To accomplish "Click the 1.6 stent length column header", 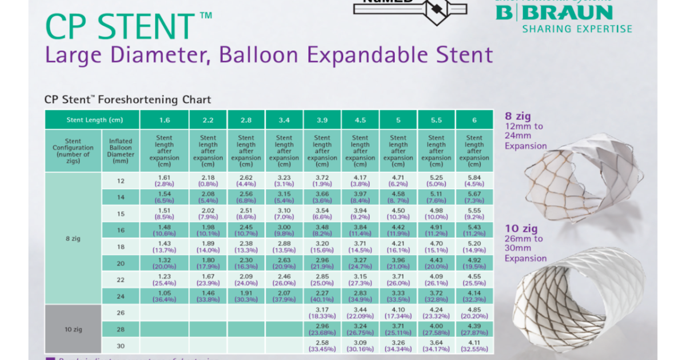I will (164, 120).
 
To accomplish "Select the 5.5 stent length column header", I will (436, 120).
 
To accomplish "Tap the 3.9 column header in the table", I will (322, 120).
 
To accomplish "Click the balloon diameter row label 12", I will (121, 181).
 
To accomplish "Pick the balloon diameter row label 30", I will (121, 346).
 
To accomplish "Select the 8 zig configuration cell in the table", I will (73, 238).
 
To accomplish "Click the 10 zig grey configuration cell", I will (73, 329).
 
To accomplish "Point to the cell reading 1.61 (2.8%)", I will (164, 181).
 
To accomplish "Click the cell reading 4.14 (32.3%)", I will (474, 296).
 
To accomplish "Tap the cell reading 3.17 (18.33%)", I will (322, 313).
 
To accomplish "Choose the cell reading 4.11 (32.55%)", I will (474, 346).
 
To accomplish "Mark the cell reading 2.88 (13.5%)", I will (284, 246).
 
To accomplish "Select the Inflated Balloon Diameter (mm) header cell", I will (121, 151).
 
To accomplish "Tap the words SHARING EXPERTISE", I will (577, 29).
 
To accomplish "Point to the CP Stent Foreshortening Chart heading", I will (127, 99).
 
